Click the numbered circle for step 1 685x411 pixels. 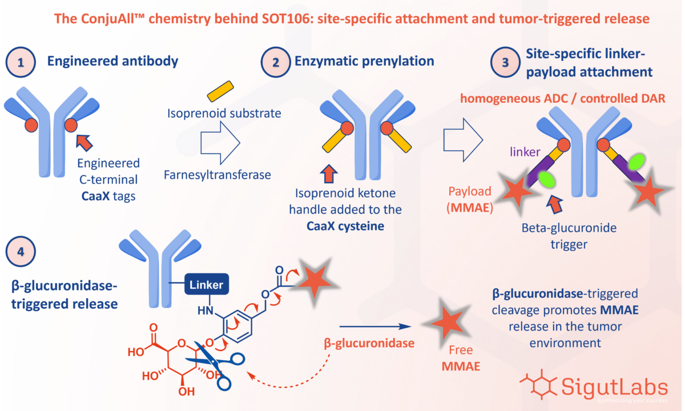pos(21,62)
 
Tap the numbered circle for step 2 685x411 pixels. pos(276,62)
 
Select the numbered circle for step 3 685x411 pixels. pos(505,62)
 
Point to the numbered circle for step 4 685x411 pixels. pos(21,251)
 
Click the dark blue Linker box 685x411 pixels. pos(207,284)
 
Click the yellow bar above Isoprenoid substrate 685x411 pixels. pos(220,91)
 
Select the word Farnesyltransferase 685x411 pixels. pos(217,175)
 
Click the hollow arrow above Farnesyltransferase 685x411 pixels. pos(220,143)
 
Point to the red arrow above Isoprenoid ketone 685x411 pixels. pos(329,174)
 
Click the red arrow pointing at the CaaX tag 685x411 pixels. pos(84,143)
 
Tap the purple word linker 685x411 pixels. pos(525,152)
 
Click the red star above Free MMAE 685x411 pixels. pos(448,323)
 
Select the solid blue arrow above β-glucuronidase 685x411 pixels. pos(375,327)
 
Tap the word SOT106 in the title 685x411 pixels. pos(285,19)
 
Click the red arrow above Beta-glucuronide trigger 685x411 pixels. pos(554,204)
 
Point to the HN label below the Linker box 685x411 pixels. pos(205,311)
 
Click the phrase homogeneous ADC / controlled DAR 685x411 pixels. pos(563,98)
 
